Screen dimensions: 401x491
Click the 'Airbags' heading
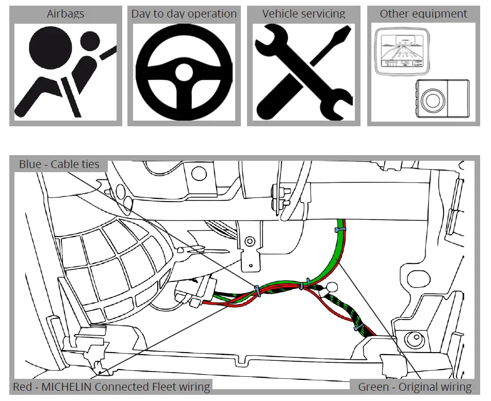[66, 14]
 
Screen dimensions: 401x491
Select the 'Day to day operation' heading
[184, 14]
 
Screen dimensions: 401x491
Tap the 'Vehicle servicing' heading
[304, 14]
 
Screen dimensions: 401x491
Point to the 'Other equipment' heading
[423, 14]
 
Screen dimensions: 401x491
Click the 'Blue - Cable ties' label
[59, 165]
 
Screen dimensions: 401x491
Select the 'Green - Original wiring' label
[415, 387]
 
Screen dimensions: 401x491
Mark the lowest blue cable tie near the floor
[356, 327]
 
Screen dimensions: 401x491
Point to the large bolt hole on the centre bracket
[250, 241]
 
